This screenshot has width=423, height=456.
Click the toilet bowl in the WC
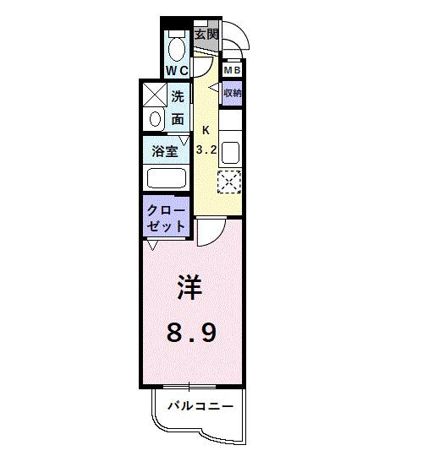point(177,43)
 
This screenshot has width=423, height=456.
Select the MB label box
point(232,71)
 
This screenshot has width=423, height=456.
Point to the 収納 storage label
point(232,93)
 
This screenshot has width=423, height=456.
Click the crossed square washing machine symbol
point(154,95)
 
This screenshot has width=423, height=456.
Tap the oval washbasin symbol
point(154,120)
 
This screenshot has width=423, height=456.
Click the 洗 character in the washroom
point(178,97)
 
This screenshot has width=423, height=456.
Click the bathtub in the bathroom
point(167,178)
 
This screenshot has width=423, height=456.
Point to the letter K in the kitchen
point(206,130)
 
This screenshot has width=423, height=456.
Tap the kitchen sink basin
point(230,151)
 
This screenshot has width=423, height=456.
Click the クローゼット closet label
point(167,218)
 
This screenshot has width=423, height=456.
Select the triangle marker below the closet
point(152,247)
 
